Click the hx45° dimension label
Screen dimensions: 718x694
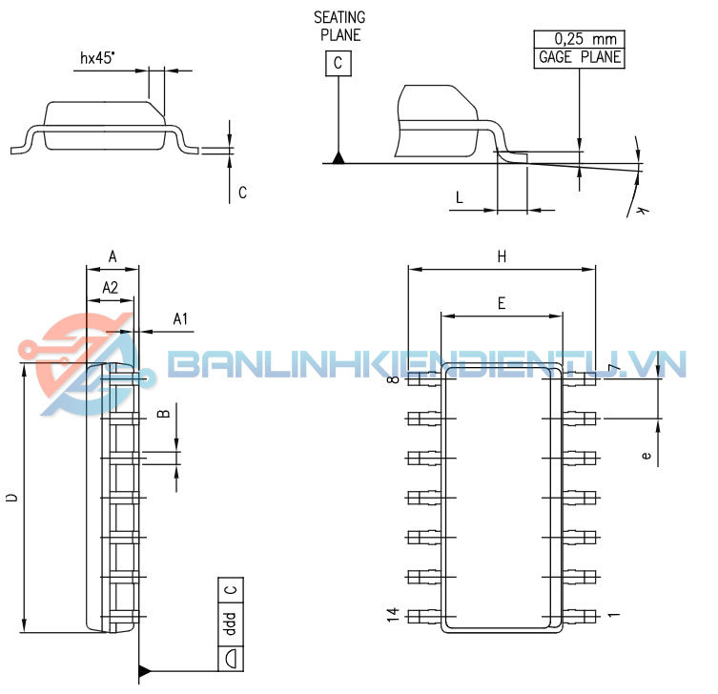97,58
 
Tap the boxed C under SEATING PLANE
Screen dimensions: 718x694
338,63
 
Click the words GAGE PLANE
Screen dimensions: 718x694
580,57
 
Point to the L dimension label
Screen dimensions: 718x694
460,197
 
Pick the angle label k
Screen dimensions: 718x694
643,210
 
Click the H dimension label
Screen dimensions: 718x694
502,256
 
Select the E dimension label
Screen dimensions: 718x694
502,303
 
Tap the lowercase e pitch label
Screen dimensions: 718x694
646,456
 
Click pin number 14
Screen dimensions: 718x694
393,615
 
